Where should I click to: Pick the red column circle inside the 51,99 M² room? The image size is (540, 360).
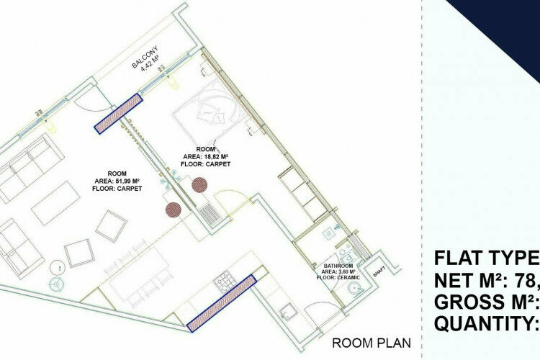tap(173, 210)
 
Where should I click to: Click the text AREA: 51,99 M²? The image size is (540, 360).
tap(117, 181)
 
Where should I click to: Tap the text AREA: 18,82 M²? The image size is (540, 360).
tap(205, 156)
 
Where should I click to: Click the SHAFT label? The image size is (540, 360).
tap(378, 271)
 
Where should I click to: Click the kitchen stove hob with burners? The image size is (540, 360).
tap(222, 277)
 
